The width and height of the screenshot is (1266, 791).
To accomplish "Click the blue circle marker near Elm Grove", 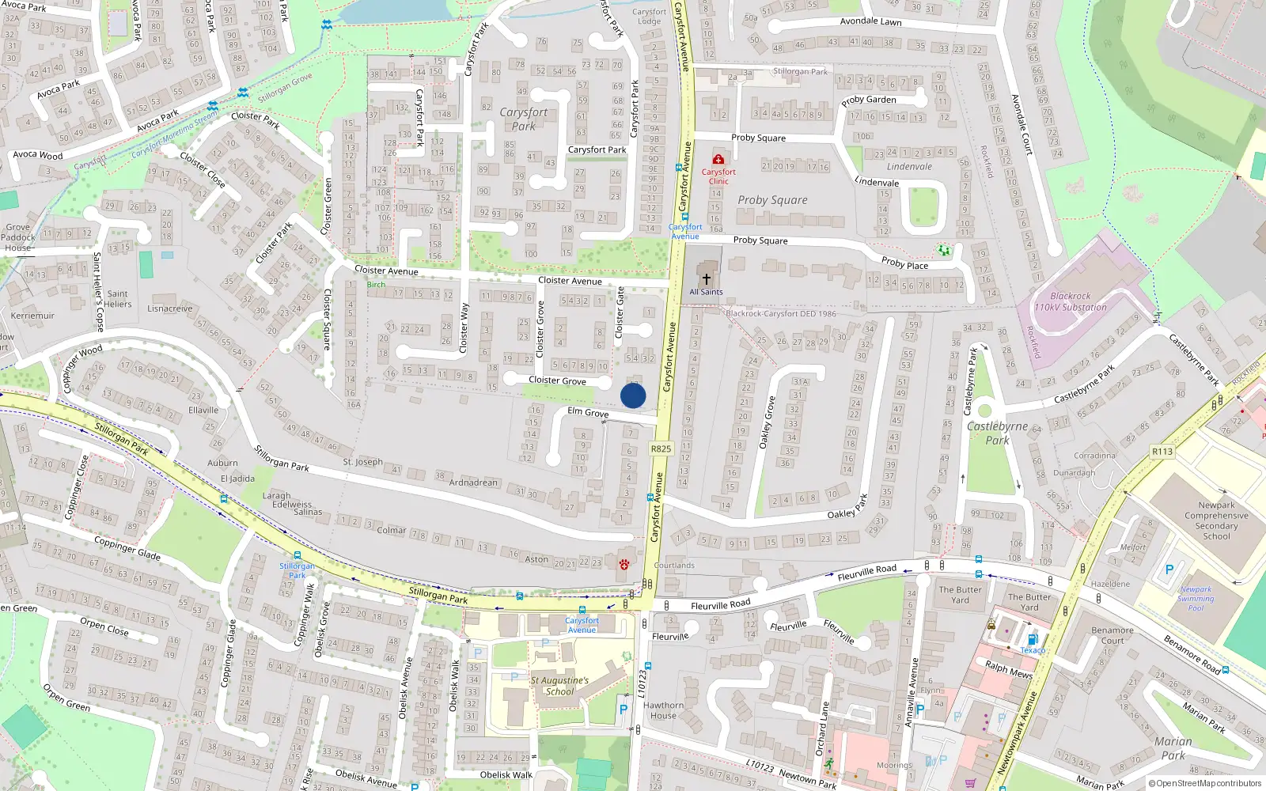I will (633, 395).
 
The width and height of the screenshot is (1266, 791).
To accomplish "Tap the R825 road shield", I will (661, 448).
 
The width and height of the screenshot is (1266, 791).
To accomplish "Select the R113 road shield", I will (1162, 452).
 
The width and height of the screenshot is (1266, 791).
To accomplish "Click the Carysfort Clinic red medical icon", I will (718, 160).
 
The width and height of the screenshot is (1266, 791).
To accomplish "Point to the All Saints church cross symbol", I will (707, 279).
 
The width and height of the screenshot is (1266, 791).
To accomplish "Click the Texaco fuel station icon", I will (1032, 640).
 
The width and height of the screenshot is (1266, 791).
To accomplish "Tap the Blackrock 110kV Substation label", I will (1071, 301).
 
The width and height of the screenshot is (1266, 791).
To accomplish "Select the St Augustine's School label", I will (559, 686).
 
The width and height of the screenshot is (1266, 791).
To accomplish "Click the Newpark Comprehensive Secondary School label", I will (1216, 520).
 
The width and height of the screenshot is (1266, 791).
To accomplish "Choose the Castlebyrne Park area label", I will (997, 433).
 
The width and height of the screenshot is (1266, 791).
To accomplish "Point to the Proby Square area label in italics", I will (772, 200).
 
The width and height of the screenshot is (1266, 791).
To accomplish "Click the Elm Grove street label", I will (588, 412).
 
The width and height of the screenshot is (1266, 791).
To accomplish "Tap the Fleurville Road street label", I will (720, 605).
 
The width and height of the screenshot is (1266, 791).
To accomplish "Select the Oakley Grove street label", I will (766, 423).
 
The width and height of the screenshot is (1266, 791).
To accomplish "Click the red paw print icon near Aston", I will (624, 564).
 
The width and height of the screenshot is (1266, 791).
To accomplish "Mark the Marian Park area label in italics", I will (1173, 747).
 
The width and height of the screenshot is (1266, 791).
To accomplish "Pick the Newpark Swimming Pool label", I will (1196, 599).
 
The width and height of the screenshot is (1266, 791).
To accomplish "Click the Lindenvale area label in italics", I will (909, 167).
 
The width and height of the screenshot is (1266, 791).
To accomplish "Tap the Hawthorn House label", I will (663, 710).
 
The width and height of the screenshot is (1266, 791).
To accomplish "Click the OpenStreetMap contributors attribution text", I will (1204, 784).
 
